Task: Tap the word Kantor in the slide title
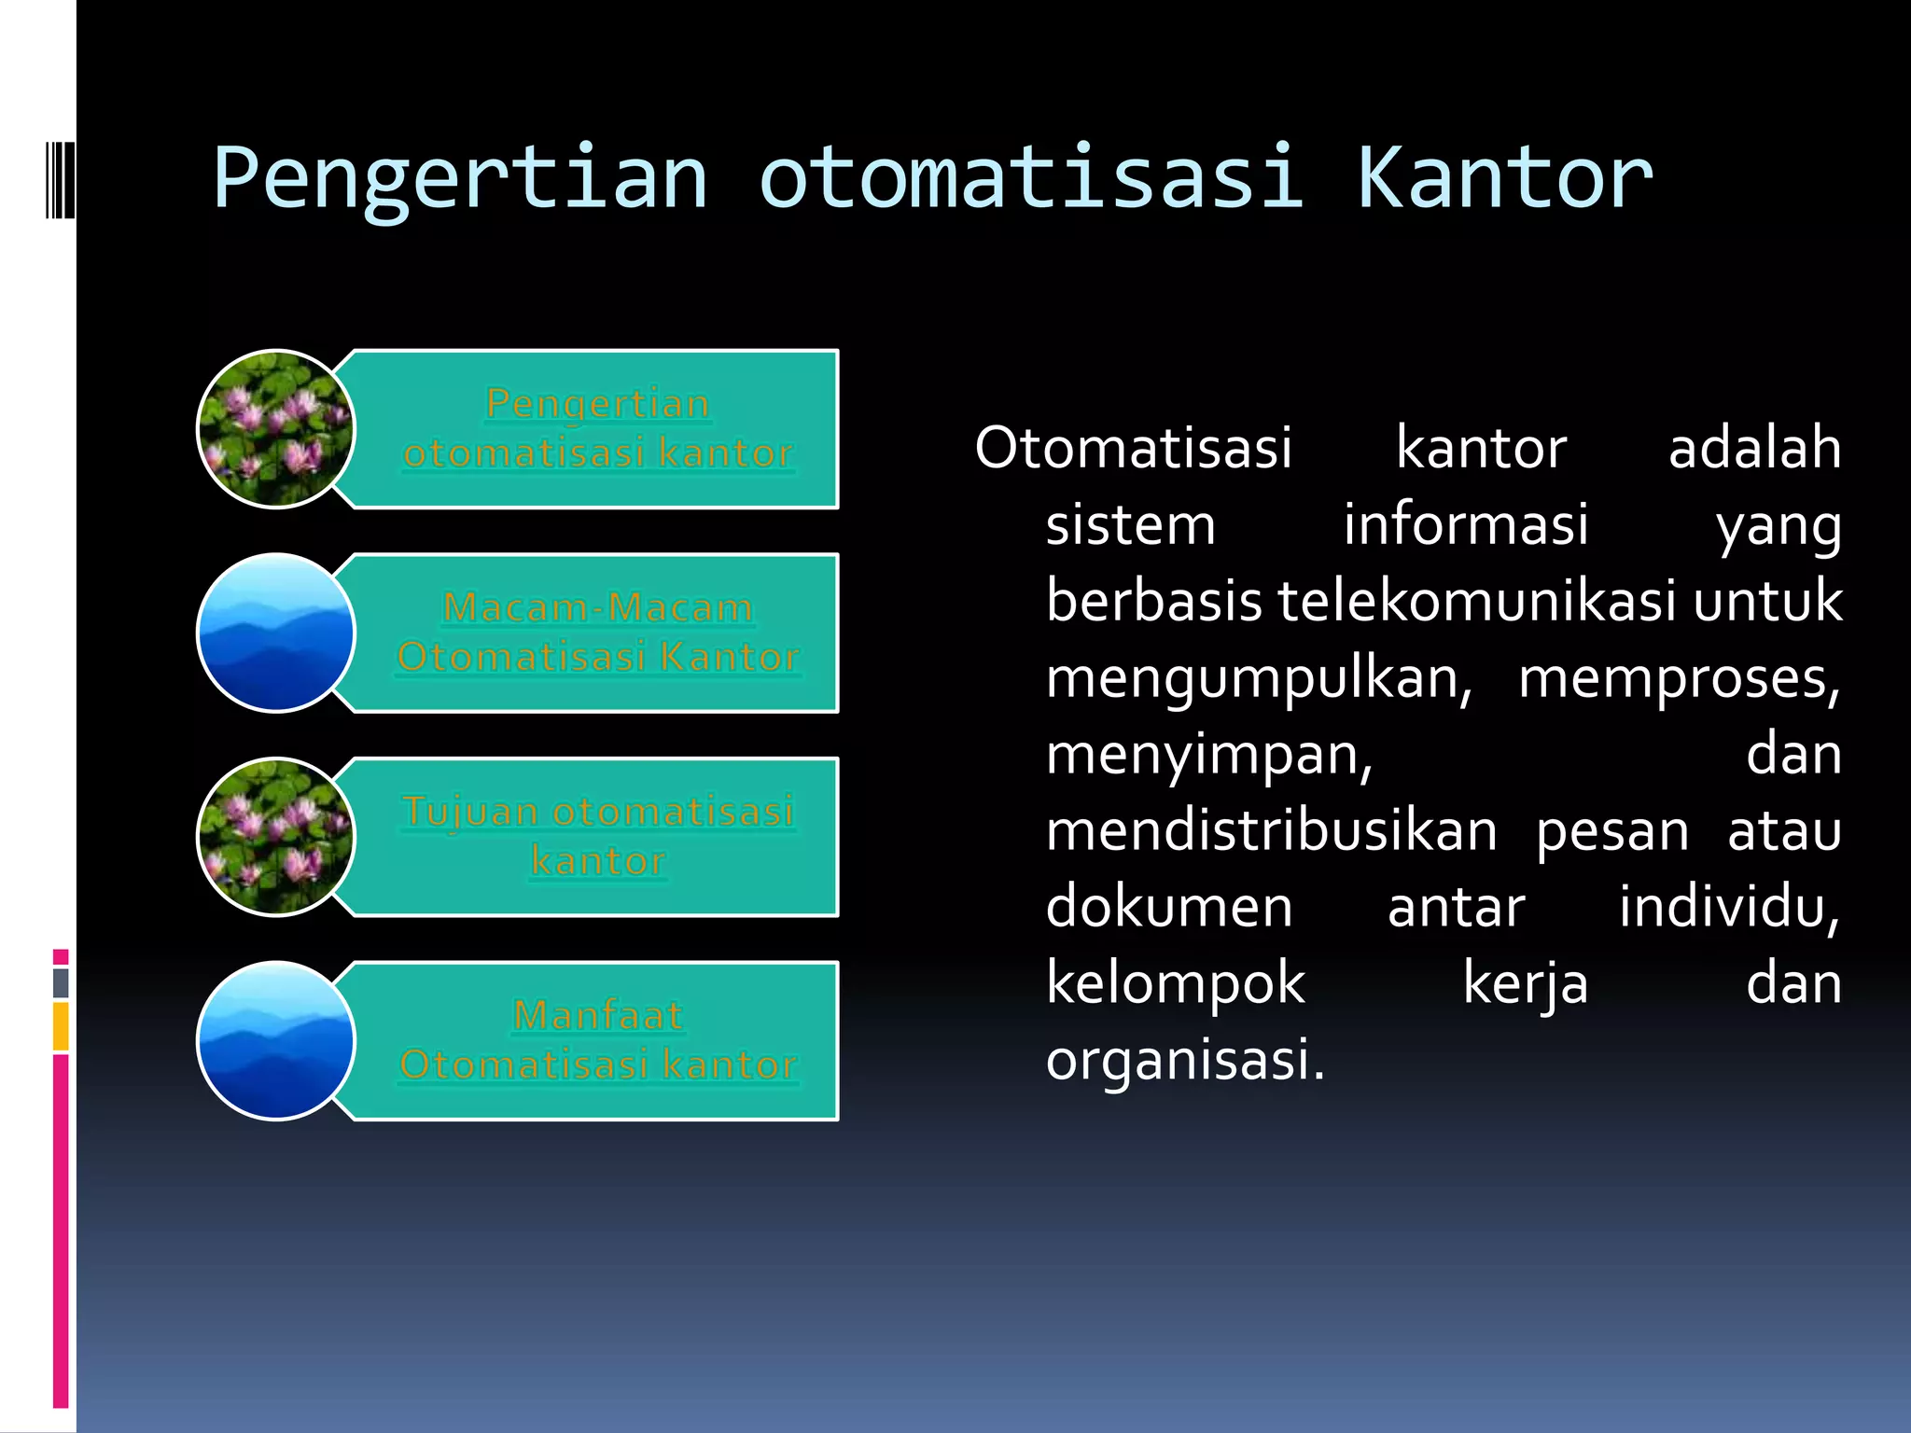click(1504, 178)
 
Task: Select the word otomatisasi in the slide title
click(1030, 178)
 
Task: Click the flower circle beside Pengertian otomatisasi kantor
click(276, 429)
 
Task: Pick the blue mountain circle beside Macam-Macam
click(276, 633)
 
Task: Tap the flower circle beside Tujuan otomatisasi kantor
click(276, 837)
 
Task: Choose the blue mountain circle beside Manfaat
click(276, 1040)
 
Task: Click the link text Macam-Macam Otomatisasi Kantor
click(598, 633)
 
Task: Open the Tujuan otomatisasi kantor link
click(598, 836)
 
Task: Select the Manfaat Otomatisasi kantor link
click(598, 1039)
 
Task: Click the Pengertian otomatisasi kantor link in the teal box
click(598, 428)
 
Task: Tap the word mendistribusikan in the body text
click(1271, 830)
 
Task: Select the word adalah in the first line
click(1754, 448)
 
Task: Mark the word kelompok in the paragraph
click(1176, 983)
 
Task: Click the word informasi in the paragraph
click(1465, 524)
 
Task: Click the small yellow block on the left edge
click(61, 1026)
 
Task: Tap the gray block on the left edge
click(61, 982)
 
